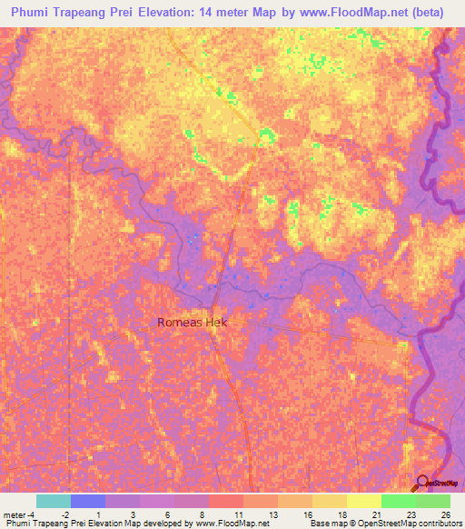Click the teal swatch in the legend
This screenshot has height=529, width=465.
53,501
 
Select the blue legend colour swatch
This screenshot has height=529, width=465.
87,501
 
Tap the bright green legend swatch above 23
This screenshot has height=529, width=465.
398,501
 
